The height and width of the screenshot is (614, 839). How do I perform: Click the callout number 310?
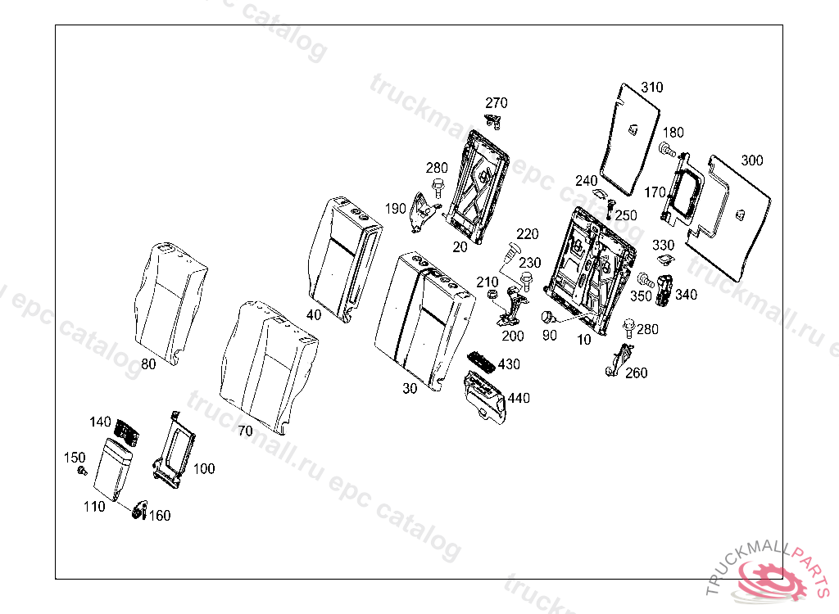click(x=652, y=88)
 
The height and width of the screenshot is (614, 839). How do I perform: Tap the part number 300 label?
click(x=751, y=160)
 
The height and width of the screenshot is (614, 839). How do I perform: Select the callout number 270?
click(x=497, y=103)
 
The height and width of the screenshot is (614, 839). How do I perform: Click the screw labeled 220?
click(x=512, y=246)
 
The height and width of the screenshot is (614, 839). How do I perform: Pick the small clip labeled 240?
click(x=601, y=195)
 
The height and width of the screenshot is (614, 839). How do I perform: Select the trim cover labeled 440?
click(x=486, y=395)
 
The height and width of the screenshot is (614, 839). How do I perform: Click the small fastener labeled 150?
click(x=81, y=471)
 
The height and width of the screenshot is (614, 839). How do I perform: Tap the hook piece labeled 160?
click(x=138, y=511)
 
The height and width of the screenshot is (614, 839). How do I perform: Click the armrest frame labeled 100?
click(x=175, y=448)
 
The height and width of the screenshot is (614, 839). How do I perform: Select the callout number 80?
click(x=147, y=365)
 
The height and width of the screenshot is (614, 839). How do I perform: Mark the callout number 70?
click(x=245, y=431)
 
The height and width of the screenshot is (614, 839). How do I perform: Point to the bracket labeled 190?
click(x=423, y=212)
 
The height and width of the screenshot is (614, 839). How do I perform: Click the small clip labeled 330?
click(x=664, y=261)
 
